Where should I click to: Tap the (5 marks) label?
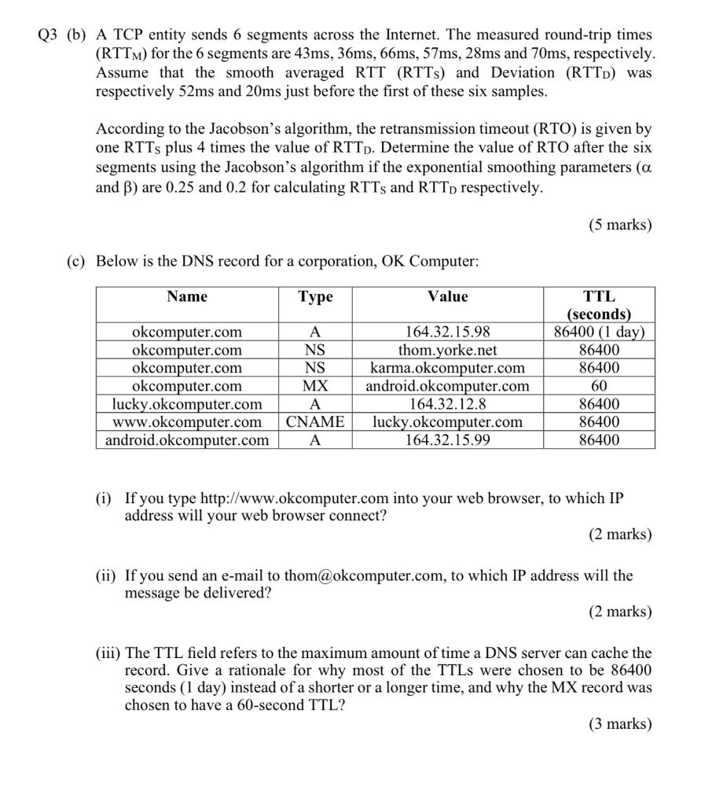coord(620,225)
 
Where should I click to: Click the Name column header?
coord(187,296)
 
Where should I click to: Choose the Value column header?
coord(447,296)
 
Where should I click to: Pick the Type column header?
coord(315,296)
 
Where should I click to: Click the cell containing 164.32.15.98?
coord(447,332)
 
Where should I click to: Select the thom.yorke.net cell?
coord(447,350)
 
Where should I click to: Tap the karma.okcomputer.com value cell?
coord(447,368)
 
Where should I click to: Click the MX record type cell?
coord(315,386)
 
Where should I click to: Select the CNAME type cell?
coord(315,422)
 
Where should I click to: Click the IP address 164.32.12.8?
coord(447,404)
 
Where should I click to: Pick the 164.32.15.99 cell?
coord(447,440)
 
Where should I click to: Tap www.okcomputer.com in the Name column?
coord(187,422)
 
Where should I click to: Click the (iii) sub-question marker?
coord(108,653)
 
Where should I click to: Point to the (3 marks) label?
coord(620,724)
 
